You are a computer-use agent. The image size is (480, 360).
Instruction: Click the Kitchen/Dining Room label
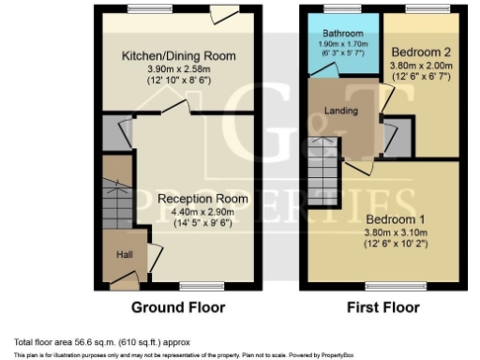pos(177,56)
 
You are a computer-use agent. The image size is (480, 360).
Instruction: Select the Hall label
pos(124,254)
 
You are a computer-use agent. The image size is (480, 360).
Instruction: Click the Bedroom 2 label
pos(419,51)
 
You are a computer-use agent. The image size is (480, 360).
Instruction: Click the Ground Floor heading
pos(176,307)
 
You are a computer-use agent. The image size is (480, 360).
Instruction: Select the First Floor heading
pos(382,307)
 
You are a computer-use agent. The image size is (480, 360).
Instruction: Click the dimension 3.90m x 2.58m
pos(177,69)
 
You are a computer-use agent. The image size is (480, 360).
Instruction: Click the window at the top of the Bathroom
pos(337,7)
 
